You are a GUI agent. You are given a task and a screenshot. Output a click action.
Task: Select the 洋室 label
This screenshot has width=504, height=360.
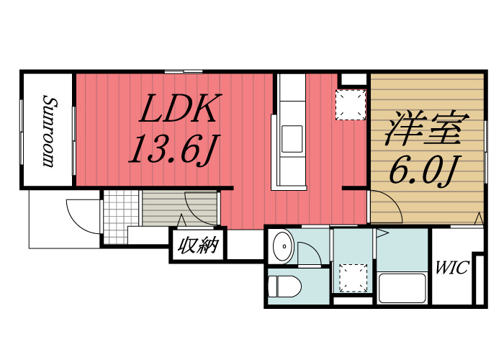pos(427,128)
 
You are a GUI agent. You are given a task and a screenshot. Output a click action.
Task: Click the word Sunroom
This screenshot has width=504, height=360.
pos(49,131)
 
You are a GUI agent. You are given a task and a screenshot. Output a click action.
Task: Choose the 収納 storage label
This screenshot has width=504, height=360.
pos(199,246)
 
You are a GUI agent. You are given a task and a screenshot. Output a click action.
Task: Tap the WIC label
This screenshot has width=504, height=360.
pos(452,267)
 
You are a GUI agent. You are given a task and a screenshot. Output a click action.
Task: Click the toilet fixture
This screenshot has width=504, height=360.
pos(284,287)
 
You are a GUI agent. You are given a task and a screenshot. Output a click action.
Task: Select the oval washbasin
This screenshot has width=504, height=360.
pos(283,246)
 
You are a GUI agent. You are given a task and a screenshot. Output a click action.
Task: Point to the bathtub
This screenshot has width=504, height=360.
pos(402,288)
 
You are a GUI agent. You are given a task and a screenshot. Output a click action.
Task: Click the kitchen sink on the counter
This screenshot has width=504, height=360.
pos(292,139)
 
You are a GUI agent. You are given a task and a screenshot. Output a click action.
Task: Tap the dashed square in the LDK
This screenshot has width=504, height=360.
pos(351,105)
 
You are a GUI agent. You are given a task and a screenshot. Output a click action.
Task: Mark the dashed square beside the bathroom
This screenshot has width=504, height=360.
pos(354,278)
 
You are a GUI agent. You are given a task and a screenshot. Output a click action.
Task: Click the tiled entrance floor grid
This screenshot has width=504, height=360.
pos(121,217)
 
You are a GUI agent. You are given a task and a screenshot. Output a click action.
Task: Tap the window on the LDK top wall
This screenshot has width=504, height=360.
pos(184,71)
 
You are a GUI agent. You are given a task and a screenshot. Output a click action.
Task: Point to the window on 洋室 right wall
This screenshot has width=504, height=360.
pos(486,152)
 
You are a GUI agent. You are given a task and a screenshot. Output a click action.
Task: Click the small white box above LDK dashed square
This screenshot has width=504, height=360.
pos(354,79)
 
